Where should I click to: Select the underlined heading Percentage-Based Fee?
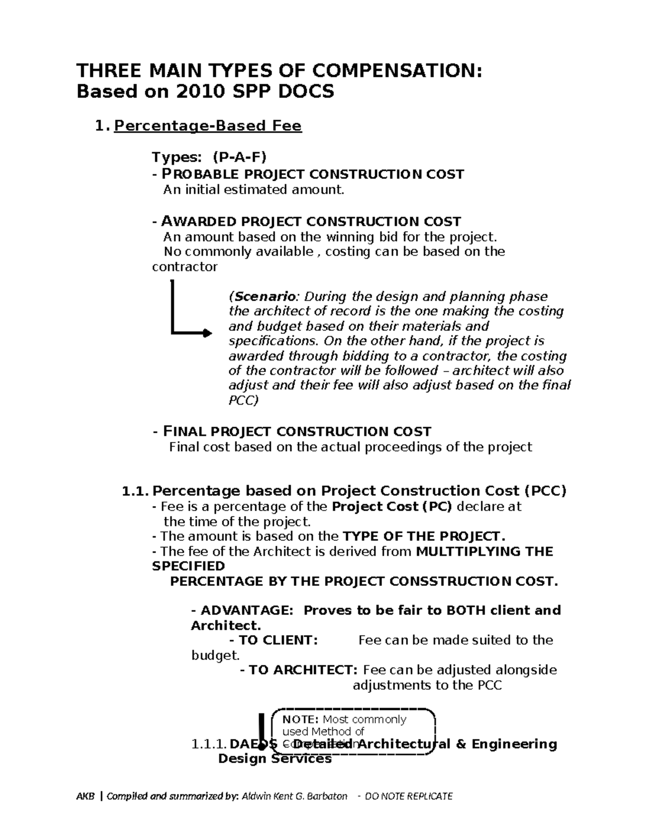(x=208, y=126)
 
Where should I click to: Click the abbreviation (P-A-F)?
(x=240, y=157)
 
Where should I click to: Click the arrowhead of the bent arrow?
(x=208, y=333)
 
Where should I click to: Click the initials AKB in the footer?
(x=85, y=796)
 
